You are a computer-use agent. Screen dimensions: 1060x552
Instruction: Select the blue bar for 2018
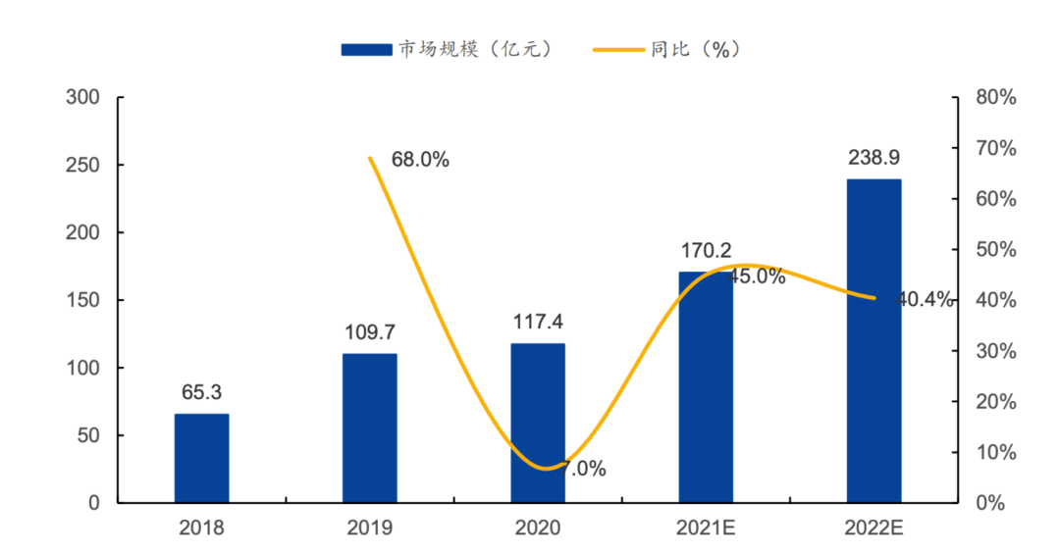click(201, 458)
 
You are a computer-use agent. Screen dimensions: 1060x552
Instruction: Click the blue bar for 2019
click(370, 428)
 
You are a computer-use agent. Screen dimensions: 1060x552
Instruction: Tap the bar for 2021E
click(706, 387)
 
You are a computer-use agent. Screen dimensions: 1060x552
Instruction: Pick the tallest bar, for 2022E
click(874, 341)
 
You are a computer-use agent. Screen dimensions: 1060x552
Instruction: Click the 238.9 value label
click(874, 158)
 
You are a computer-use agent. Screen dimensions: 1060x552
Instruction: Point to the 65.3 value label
click(201, 392)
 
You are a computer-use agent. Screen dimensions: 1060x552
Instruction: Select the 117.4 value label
click(538, 322)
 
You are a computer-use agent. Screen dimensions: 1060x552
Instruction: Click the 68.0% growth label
click(420, 160)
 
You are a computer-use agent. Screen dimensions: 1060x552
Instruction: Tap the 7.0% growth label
click(583, 469)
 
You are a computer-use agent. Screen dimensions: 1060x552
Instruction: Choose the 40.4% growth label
click(925, 299)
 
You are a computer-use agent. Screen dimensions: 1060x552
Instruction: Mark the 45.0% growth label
click(757, 276)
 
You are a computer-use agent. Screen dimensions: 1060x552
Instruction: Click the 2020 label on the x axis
click(538, 527)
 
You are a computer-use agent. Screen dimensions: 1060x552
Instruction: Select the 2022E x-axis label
click(874, 527)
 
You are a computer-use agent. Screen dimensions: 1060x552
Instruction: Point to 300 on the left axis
click(82, 97)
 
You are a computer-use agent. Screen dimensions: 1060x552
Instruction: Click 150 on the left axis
click(82, 300)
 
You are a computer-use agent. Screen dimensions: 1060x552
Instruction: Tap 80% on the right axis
click(996, 97)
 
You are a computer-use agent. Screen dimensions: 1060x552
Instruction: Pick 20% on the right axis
click(996, 401)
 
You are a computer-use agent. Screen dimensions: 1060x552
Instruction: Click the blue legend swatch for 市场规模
click(366, 49)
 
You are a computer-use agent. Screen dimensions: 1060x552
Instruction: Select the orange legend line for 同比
click(618, 49)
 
